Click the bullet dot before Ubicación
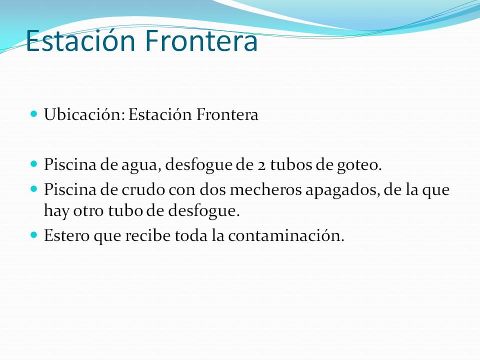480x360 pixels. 34,114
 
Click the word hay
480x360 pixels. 54,211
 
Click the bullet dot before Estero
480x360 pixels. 34,234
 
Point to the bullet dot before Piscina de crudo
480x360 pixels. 34,189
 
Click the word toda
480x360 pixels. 190,235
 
